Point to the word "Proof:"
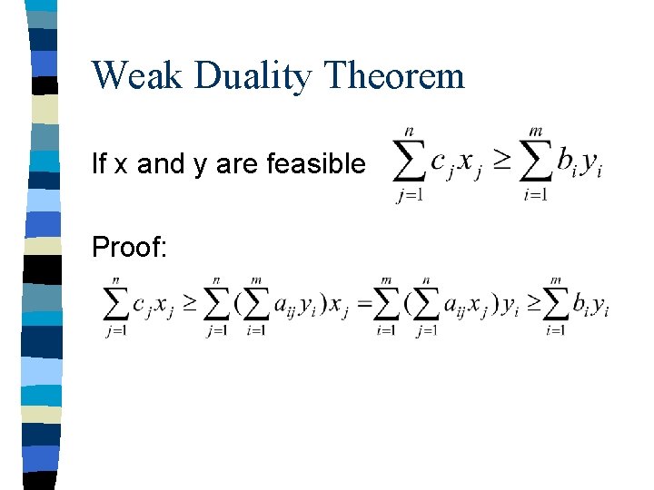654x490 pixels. pyautogui.click(x=130, y=247)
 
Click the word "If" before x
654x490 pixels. pyautogui.click(x=99, y=164)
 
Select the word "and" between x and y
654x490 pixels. pyautogui.click(x=160, y=164)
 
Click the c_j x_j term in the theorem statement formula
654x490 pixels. pyautogui.click(x=451, y=164)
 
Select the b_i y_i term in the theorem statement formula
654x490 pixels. pyautogui.click(x=579, y=164)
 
